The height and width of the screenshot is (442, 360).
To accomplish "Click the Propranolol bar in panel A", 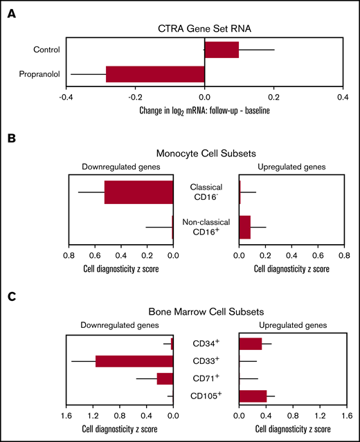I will coord(155,74).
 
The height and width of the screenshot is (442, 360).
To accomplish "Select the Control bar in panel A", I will coord(222,50).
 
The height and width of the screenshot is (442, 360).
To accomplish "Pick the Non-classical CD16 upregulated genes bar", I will coord(244,227).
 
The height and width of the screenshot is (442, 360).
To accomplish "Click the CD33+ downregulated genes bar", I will coord(134,361).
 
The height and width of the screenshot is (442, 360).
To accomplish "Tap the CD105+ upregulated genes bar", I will coord(253,396).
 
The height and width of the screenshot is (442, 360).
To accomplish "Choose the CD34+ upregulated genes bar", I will coord(250,344).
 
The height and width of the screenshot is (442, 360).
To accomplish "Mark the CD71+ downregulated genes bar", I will coord(165,379).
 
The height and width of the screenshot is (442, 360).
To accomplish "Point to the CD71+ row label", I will coord(206,379).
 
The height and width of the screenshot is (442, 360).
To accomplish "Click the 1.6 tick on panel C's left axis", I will coord(66,416).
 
